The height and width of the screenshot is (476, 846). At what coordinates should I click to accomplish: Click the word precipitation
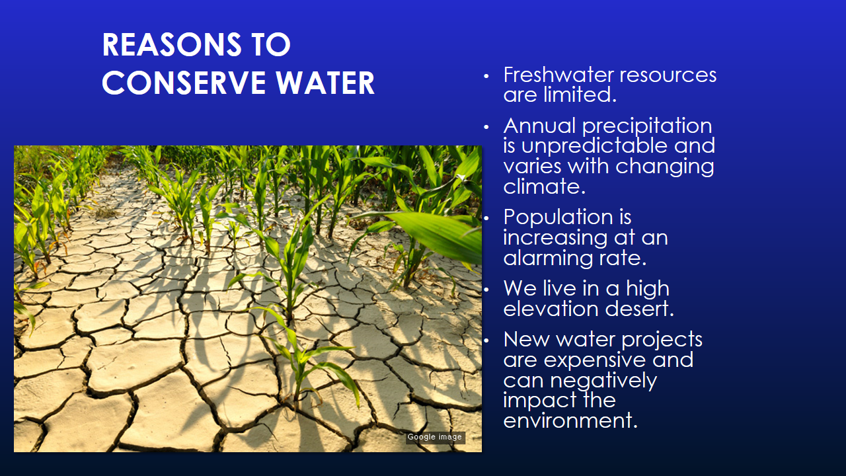647,126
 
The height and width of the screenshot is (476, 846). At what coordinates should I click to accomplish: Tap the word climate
544,186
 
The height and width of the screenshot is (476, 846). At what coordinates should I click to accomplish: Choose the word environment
570,420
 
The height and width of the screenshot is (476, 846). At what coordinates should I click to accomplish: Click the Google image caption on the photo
435,437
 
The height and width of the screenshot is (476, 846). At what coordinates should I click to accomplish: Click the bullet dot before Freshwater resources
487,76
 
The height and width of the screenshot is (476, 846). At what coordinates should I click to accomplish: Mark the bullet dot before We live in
487,290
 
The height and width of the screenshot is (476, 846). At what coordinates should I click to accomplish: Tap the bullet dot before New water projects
487,340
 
